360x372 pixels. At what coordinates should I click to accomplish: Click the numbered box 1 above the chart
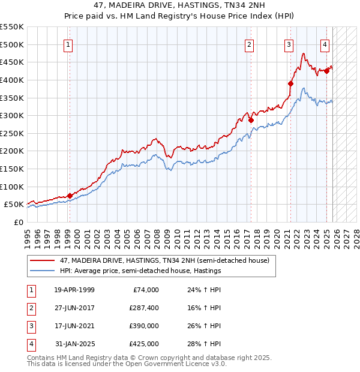click(68, 44)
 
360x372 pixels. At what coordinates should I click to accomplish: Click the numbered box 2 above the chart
click(249, 44)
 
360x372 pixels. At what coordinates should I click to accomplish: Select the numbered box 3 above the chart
click(289, 44)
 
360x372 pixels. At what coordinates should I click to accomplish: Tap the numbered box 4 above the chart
click(325, 44)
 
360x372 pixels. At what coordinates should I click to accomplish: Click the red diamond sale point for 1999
click(70, 196)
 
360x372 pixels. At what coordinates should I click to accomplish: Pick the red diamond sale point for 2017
click(251, 120)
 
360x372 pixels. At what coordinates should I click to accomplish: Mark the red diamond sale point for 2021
click(291, 84)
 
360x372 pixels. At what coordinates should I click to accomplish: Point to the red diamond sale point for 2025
click(327, 71)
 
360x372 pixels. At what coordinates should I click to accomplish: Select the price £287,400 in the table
click(144, 308)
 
